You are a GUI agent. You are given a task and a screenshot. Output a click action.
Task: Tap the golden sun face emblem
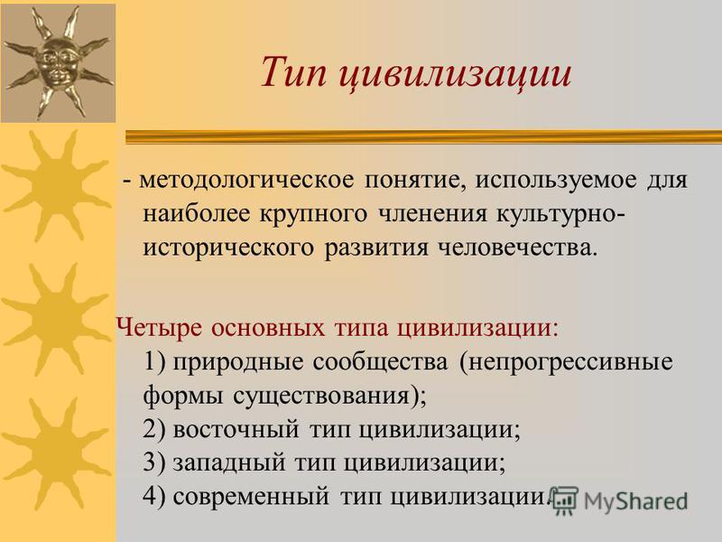point(57,62)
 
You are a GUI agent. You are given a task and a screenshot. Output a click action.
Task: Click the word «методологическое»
point(246,180)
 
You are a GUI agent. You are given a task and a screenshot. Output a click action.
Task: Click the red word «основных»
point(268,328)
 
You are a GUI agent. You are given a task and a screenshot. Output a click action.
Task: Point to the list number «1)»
point(154,362)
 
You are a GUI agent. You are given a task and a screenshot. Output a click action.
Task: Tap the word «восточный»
point(236,430)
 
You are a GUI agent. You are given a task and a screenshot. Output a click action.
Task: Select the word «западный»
point(229,463)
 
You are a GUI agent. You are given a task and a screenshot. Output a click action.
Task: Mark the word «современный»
point(252,497)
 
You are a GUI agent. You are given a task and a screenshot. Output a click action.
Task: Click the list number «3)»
point(154,463)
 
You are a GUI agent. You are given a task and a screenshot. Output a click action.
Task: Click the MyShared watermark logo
point(619,500)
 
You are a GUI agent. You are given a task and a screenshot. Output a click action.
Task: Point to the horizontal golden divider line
point(423,137)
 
